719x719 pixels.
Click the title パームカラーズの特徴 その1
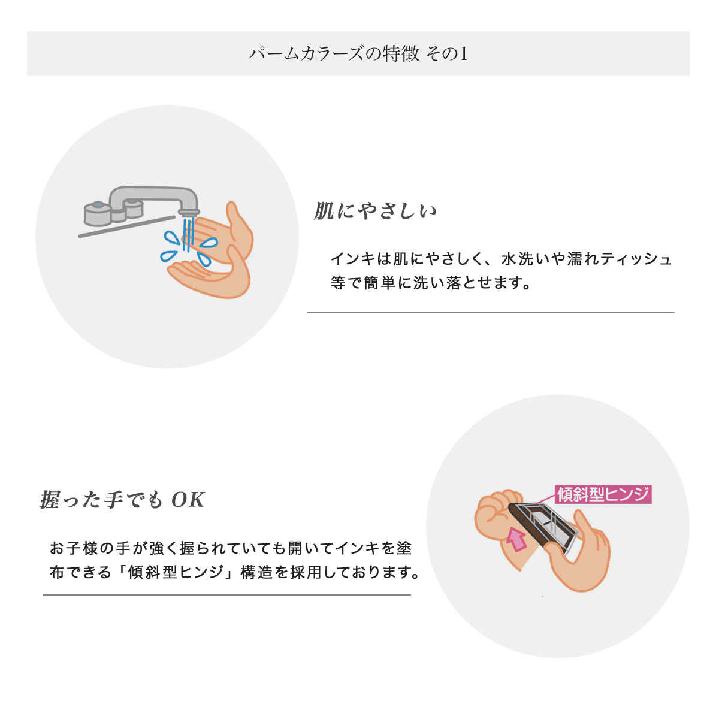click(358, 54)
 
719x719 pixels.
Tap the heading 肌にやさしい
click(374, 212)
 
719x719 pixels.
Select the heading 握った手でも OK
click(122, 500)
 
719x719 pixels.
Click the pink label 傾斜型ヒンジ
click(603, 494)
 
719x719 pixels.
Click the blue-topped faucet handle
click(97, 214)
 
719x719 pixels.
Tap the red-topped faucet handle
click(133, 208)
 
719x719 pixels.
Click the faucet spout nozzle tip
click(188, 213)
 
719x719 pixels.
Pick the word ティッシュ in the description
click(636, 259)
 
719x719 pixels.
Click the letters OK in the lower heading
click(188, 500)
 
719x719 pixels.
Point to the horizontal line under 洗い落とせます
click(490, 312)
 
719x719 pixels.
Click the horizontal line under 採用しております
click(227, 595)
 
